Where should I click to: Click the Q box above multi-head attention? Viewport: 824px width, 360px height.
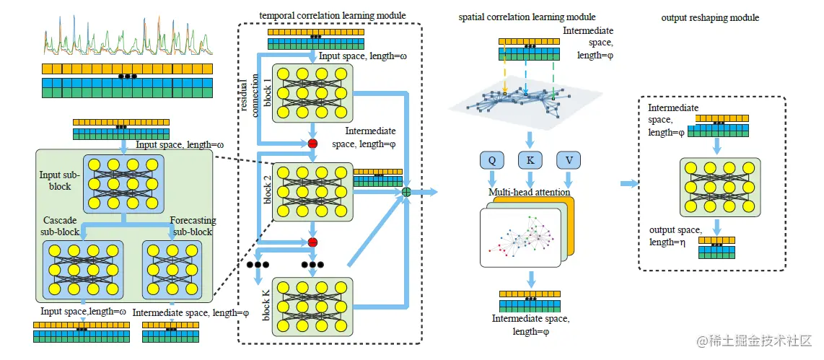[x=491, y=161]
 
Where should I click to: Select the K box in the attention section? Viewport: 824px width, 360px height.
[x=530, y=161]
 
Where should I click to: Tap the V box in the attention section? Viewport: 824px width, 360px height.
[x=569, y=161]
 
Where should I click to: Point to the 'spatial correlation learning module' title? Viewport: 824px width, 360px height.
[x=527, y=16]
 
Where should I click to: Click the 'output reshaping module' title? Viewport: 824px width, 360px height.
[x=710, y=17]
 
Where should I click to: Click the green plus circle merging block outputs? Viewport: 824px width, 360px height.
[x=406, y=192]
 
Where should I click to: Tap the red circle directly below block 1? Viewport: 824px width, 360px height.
[x=313, y=144]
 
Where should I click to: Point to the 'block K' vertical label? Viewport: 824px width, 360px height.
[x=266, y=304]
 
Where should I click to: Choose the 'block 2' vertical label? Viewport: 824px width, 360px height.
[x=266, y=188]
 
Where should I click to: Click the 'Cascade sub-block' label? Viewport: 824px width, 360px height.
[x=61, y=227]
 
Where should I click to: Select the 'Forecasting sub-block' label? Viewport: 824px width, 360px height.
[x=192, y=226]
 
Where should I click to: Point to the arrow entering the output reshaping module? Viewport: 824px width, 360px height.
[x=629, y=184]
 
